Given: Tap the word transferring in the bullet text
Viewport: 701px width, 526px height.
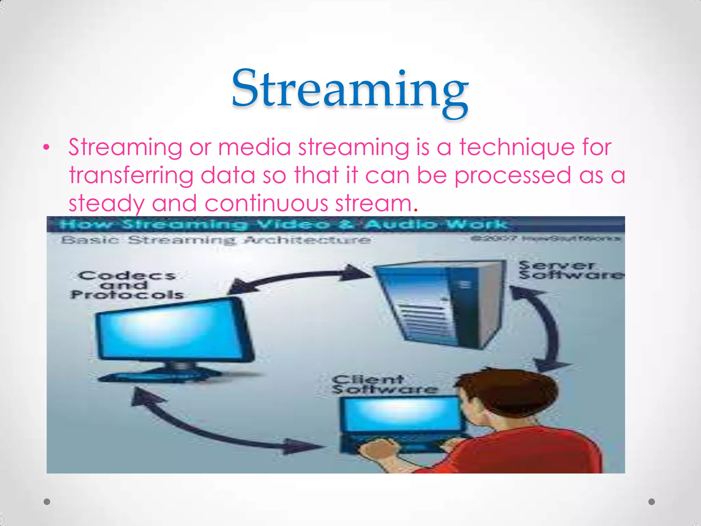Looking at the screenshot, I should coord(131,175).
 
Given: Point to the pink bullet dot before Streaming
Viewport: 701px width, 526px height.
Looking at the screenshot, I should coord(47,148).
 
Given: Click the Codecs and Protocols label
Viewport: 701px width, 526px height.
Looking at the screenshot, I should coord(127,285).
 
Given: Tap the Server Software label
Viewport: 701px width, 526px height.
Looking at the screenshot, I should coord(570,270).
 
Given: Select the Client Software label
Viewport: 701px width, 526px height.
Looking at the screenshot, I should coord(383,385).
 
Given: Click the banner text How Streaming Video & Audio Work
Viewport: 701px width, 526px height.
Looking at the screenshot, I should coord(282,225).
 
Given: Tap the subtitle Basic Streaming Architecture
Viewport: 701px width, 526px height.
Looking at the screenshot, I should coord(216,240).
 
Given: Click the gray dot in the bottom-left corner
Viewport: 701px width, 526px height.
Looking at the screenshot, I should coord(47,502).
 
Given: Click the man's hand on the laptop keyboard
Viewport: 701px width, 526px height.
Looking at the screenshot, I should coord(380,450).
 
